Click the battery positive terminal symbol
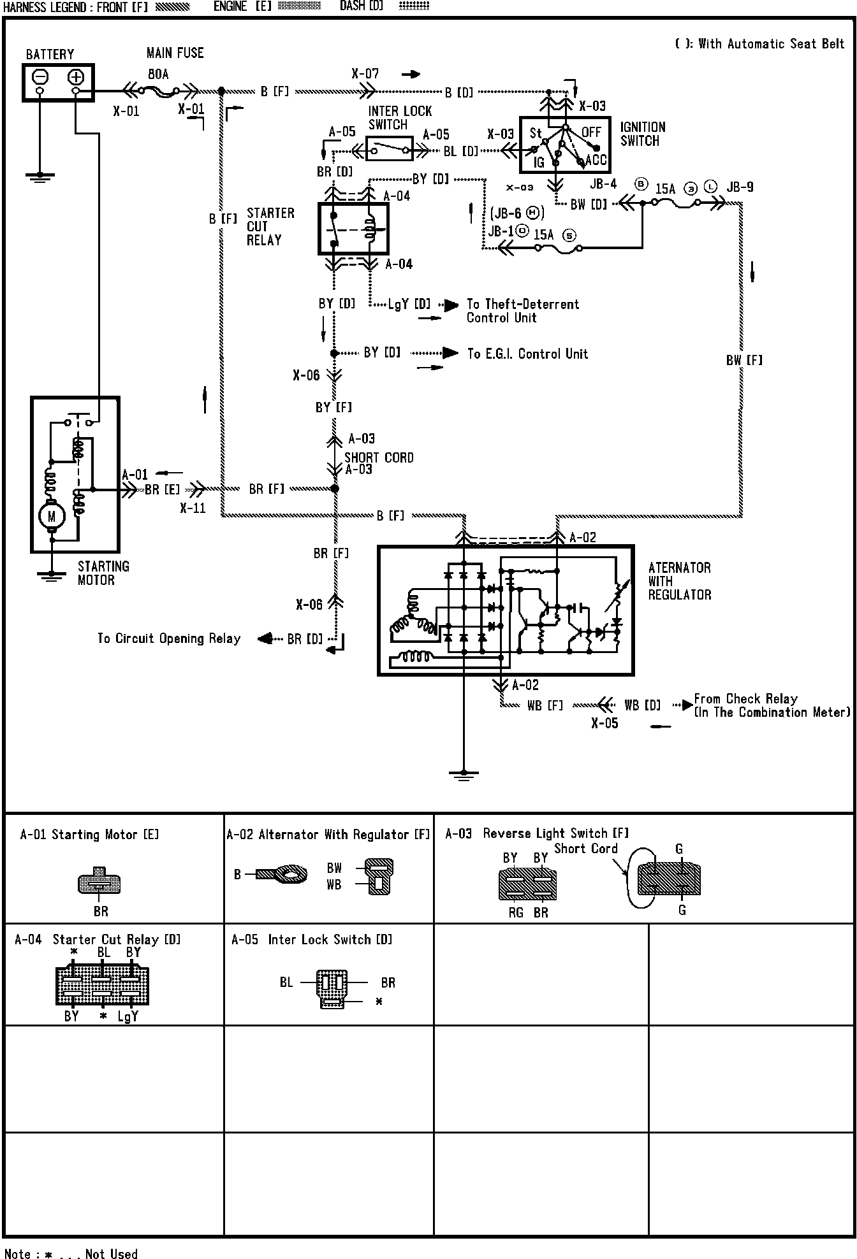point(76,77)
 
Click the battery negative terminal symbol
point(40,77)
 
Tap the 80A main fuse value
point(158,75)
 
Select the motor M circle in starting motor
point(52,515)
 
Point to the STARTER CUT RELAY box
point(353,229)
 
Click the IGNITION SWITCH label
point(643,134)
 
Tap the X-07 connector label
point(365,74)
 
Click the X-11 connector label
point(193,508)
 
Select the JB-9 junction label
point(740,187)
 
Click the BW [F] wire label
point(744,360)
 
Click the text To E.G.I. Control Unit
point(527,354)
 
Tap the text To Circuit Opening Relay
point(169,638)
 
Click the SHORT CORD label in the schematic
point(379,457)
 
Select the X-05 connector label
point(604,723)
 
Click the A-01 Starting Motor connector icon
point(99,881)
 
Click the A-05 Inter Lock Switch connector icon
point(332,989)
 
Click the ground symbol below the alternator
point(464,774)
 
